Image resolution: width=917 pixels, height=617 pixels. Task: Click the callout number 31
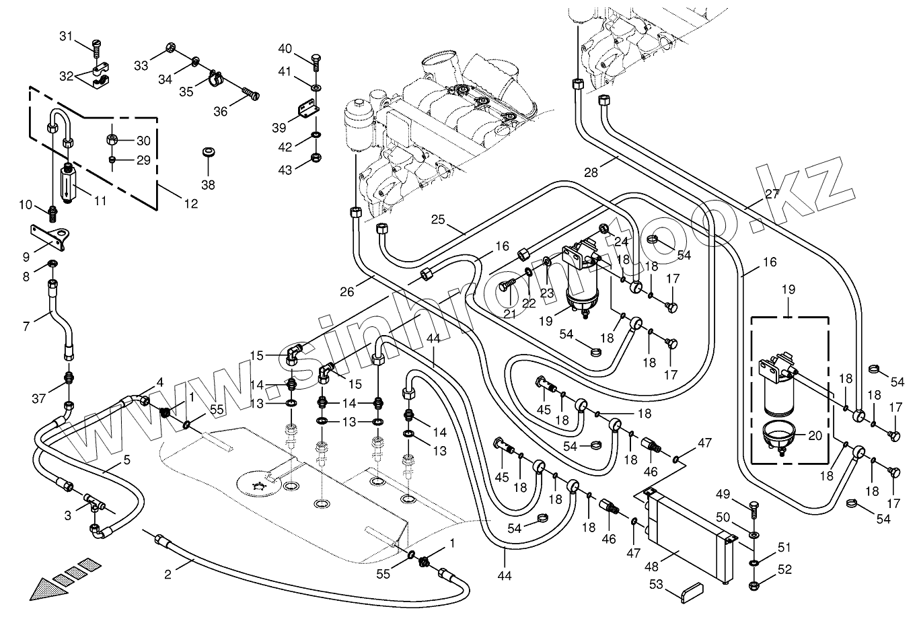pyautogui.click(x=65, y=36)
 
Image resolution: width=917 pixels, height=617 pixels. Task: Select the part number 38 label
pyautogui.click(x=208, y=184)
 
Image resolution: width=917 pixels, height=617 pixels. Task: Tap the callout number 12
pyautogui.click(x=192, y=204)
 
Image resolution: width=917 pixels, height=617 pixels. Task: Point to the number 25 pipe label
pyautogui.click(x=439, y=220)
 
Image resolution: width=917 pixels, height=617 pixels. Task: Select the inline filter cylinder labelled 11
pyautogui.click(x=67, y=183)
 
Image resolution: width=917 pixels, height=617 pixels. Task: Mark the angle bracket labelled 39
pyautogui.click(x=306, y=108)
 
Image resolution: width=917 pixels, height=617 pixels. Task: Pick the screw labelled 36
pyautogui.click(x=250, y=95)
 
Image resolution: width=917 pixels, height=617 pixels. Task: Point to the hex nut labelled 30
pyautogui.click(x=112, y=141)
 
